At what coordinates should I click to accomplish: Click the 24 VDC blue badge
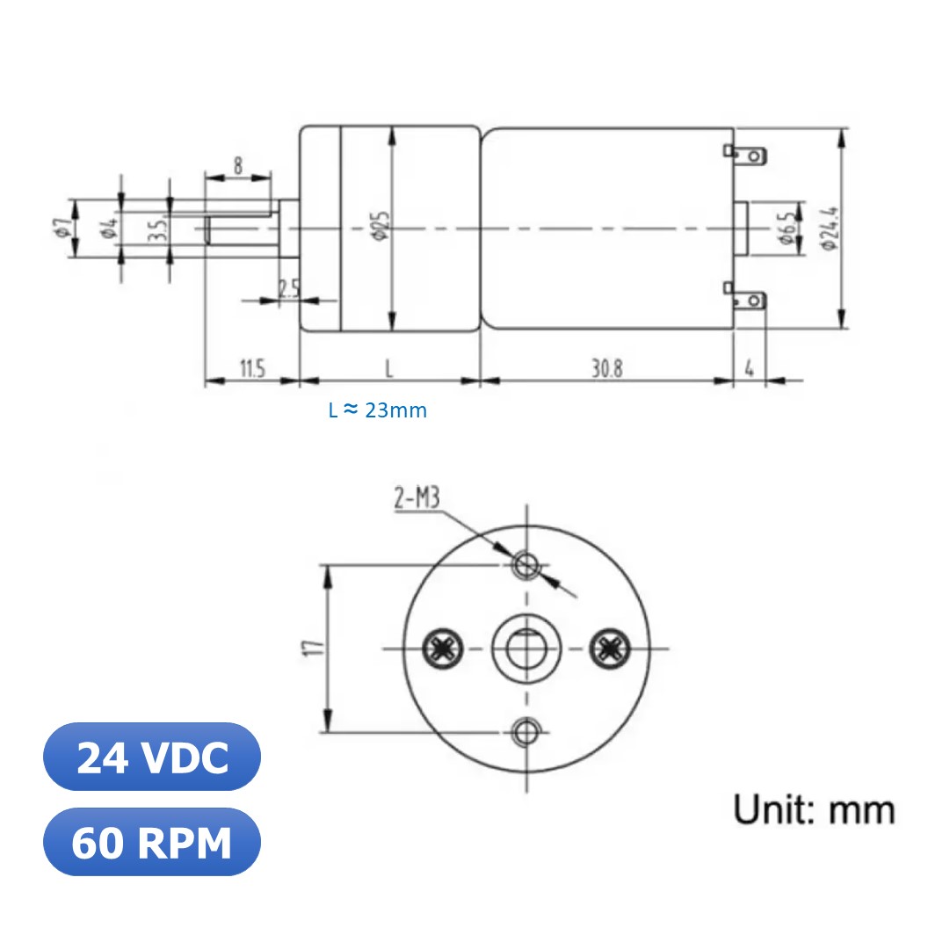152,758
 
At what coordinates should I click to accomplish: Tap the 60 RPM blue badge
152,843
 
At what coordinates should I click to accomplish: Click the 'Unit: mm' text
814,809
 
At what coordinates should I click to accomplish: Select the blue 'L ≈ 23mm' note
378,410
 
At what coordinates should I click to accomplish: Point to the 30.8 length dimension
606,368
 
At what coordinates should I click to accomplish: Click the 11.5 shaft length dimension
251,368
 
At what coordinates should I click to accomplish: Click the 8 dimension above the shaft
237,165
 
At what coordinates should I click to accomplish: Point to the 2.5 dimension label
289,287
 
